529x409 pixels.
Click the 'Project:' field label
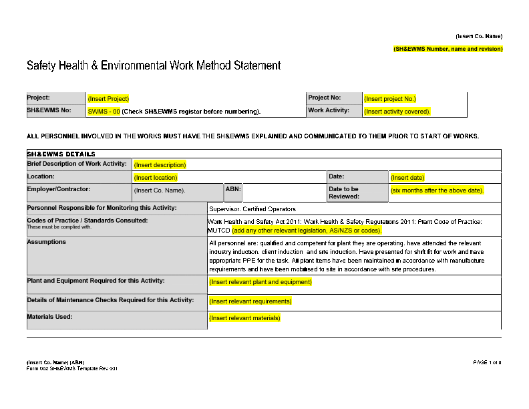39,98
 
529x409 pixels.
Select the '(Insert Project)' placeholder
108,99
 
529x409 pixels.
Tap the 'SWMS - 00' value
104,112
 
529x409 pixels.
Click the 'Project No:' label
325,98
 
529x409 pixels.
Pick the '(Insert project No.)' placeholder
390,99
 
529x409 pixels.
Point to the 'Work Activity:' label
329,110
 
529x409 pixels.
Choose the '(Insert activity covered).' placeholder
397,112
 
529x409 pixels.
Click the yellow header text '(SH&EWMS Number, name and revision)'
448,49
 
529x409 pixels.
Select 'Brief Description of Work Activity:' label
77,164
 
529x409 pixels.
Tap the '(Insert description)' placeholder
160,164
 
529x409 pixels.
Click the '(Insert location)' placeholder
156,178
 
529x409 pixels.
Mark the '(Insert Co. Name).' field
160,190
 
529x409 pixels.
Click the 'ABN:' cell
233,189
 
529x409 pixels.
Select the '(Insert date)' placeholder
407,178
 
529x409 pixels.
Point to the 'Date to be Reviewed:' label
344,192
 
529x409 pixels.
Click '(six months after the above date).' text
437,190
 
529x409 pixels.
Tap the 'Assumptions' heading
47,242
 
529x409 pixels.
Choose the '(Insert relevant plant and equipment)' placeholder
260,282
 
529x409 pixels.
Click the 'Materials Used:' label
50,317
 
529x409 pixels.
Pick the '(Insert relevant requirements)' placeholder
250,301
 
